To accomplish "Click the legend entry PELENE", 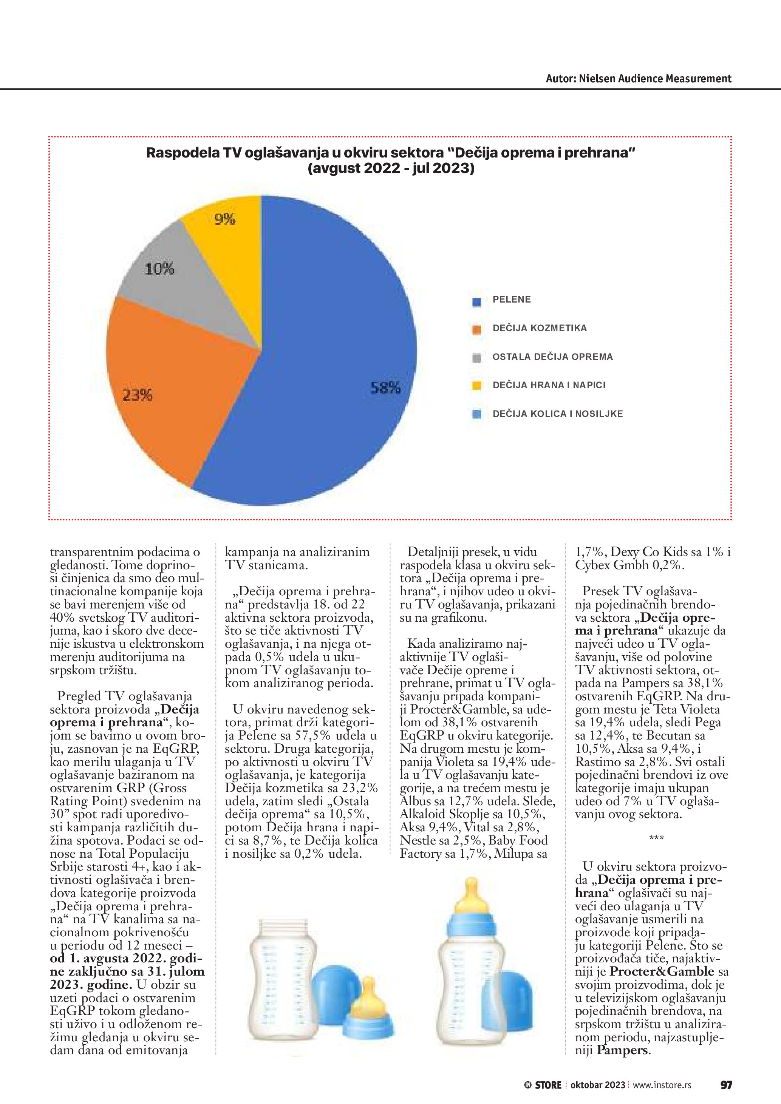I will point(511,300).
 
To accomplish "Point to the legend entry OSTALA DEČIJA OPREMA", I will point(552,357).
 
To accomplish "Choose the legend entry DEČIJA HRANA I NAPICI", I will point(549,385).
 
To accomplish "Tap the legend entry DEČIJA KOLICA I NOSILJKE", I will point(557,414).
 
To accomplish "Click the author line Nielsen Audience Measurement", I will point(638,79).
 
